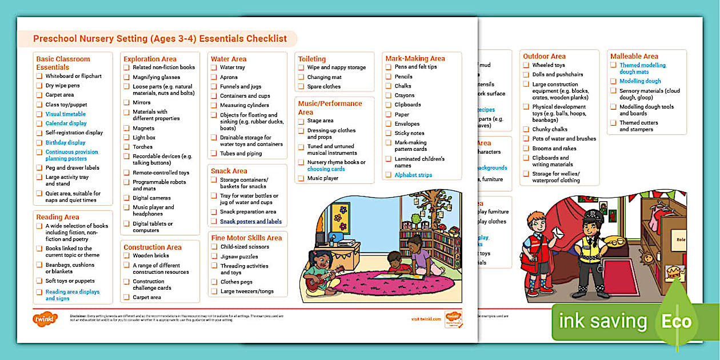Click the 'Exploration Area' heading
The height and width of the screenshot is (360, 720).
pyautogui.click(x=150, y=59)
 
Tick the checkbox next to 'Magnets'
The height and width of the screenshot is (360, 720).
pyautogui.click(x=127, y=129)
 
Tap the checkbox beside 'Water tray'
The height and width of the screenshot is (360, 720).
pyautogui.click(x=214, y=67)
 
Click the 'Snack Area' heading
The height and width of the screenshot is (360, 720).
pyautogui.click(x=229, y=171)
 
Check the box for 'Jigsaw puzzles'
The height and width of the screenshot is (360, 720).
pyautogui.click(x=214, y=257)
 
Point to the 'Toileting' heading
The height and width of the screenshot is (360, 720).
pyautogui.click(x=311, y=59)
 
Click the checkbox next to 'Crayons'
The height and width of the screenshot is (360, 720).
pyautogui.click(x=389, y=95)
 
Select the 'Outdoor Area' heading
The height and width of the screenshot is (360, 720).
pyautogui.click(x=544, y=56)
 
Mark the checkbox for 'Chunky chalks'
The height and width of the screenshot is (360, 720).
pyautogui.click(x=526, y=129)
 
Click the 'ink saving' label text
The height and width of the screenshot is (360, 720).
pyautogui.click(x=602, y=321)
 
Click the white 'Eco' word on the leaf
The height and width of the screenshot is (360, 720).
pyautogui.click(x=677, y=321)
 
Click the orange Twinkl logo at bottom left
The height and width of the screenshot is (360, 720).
pyautogui.click(x=46, y=318)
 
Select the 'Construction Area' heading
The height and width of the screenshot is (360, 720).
pyautogui.click(x=152, y=247)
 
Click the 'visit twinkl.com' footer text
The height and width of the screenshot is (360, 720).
pyautogui.click(x=426, y=319)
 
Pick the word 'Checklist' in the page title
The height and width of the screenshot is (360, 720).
pyautogui.click(x=266, y=39)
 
